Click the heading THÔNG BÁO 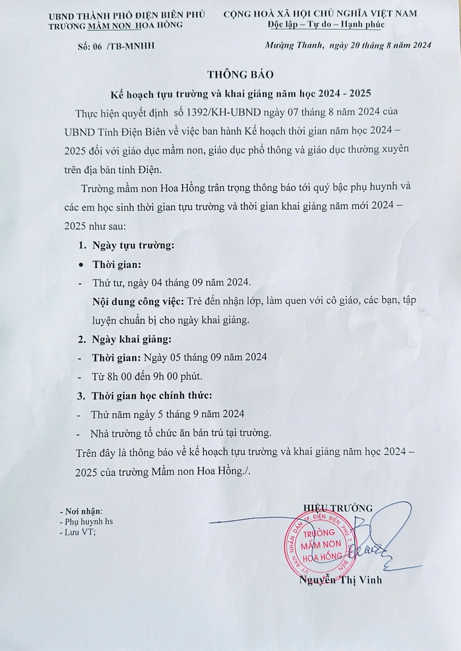[240, 74]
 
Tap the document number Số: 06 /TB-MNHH [116, 46]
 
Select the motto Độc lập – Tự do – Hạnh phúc [326, 24]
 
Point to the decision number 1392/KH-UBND [223, 112]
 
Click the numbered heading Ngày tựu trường [133, 245]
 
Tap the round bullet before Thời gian [81, 264]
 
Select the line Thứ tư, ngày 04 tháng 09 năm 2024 [171, 283]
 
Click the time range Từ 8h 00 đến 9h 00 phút [147, 376]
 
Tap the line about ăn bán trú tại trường [180, 433]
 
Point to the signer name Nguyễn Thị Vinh [340, 580]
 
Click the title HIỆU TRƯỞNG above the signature [338, 508]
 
